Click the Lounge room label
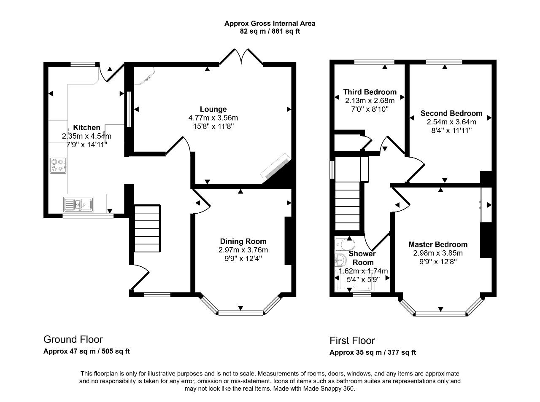pyautogui.click(x=213, y=109)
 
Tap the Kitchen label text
pyautogui.click(x=86, y=128)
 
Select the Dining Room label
pyautogui.click(x=243, y=241)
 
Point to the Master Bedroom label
pyautogui.click(x=438, y=244)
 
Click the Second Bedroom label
pyautogui.click(x=451, y=113)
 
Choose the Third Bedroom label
pyautogui.click(x=370, y=92)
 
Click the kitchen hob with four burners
pyautogui.click(x=58, y=165)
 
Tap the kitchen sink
pyautogui.click(x=78, y=204)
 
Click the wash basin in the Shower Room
pyautogui.click(x=340, y=260)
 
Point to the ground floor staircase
pyautogui.click(x=147, y=228)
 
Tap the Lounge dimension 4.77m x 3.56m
pyautogui.click(x=213, y=118)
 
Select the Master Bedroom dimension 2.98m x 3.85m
pyautogui.click(x=438, y=253)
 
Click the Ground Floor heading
pyautogui.click(x=73, y=339)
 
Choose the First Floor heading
pyautogui.click(x=352, y=340)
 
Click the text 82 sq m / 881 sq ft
pyautogui.click(x=270, y=32)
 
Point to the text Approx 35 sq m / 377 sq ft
pyautogui.click(x=373, y=352)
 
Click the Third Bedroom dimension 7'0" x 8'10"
pyautogui.click(x=370, y=109)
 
